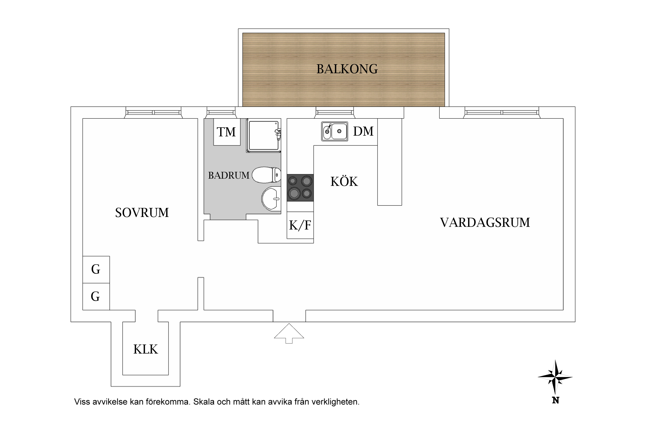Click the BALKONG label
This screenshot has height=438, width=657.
pyautogui.click(x=347, y=69)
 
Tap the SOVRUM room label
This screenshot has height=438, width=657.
pyautogui.click(x=142, y=213)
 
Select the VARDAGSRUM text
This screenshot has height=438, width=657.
pyautogui.click(x=485, y=223)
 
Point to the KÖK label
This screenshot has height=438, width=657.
pyautogui.click(x=344, y=182)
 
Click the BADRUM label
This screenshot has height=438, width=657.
pyautogui.click(x=229, y=175)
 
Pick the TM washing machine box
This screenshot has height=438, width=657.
pyautogui.click(x=227, y=132)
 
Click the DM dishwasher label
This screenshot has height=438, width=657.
pyautogui.click(x=363, y=131)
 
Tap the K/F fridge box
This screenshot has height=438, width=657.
pyautogui.click(x=300, y=225)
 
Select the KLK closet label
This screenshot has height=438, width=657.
pyautogui.click(x=145, y=349)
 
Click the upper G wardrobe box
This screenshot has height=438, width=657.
pyautogui.click(x=96, y=270)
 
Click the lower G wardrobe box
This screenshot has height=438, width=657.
pyautogui.click(x=96, y=297)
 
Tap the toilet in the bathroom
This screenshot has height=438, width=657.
pyautogui.click(x=266, y=175)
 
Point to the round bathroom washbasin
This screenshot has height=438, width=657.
pyautogui.click(x=270, y=199)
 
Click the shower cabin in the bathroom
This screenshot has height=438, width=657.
pyautogui.click(x=263, y=135)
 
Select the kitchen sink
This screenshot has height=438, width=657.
pyautogui.click(x=335, y=131)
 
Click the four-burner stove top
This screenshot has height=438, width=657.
pyautogui.click(x=300, y=188)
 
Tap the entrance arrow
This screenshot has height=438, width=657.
pyautogui.click(x=289, y=333)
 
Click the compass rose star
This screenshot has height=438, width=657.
pyautogui.click(x=555, y=377)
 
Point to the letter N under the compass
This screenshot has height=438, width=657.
pyautogui.click(x=555, y=400)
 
